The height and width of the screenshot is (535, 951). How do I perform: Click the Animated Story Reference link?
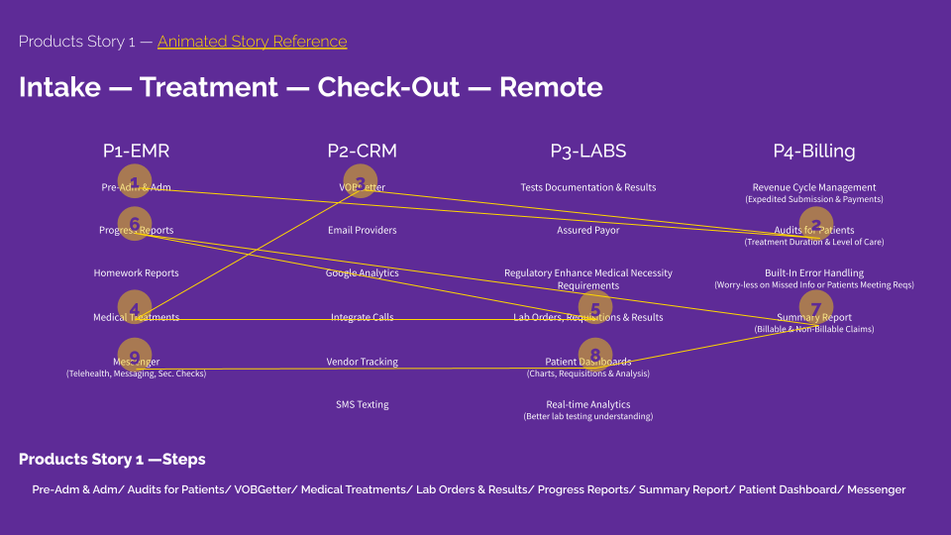point(252,42)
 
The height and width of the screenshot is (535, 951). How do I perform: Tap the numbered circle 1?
point(135,181)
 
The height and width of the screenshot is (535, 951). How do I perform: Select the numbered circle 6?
point(135,224)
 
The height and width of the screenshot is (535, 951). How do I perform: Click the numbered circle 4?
point(135,307)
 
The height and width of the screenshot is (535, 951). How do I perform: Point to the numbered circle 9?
point(135,356)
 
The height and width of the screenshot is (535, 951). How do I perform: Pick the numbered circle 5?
point(595,309)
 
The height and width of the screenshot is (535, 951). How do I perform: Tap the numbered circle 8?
point(595,355)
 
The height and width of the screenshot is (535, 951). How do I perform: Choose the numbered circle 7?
point(815,308)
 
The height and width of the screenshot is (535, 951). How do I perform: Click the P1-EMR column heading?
point(136,152)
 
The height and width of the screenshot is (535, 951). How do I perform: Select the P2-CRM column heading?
point(362,152)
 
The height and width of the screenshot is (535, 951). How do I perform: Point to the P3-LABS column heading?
point(588,152)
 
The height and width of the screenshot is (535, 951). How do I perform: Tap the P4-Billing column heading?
point(813,152)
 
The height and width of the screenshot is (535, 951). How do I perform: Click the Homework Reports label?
point(136,273)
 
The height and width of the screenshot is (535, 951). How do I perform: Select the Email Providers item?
point(362,231)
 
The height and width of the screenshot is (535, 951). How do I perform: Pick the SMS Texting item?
point(362,404)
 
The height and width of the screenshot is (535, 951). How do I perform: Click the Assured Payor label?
point(588,231)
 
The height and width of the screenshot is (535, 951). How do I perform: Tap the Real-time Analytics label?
point(588,404)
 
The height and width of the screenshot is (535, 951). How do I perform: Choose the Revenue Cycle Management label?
point(813,187)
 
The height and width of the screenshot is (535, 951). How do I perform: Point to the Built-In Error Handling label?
point(813,272)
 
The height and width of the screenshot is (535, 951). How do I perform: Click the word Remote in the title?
point(551,87)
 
